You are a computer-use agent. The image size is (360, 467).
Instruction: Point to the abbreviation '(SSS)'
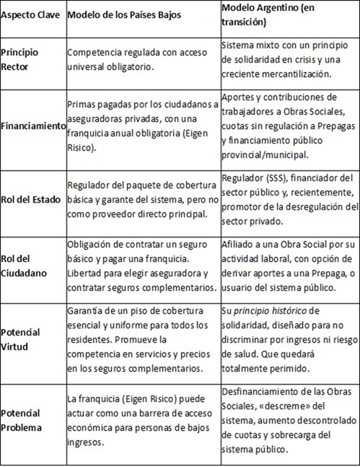[x=266, y=177]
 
